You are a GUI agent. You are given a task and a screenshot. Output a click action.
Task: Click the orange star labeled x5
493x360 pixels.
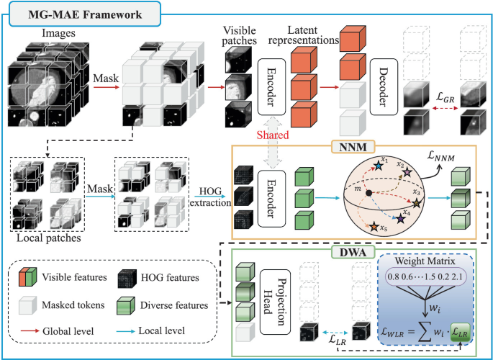pos(371,228)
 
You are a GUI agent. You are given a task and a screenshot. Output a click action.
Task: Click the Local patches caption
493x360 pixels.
pos(47,236)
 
